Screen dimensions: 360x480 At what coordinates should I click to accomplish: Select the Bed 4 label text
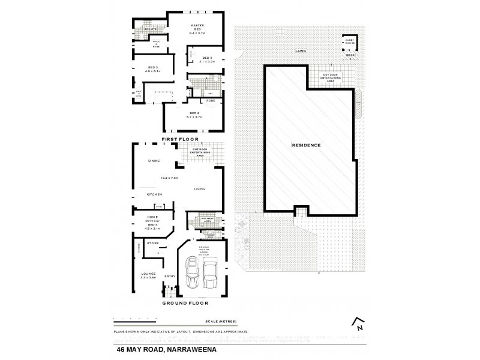[198, 59]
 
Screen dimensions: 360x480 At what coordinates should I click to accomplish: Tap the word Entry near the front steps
[169, 276]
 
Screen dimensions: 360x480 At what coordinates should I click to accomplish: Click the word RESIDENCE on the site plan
[306, 146]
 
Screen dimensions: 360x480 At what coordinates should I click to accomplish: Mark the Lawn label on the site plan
[300, 52]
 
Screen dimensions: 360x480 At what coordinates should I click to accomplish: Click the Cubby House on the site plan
[349, 44]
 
